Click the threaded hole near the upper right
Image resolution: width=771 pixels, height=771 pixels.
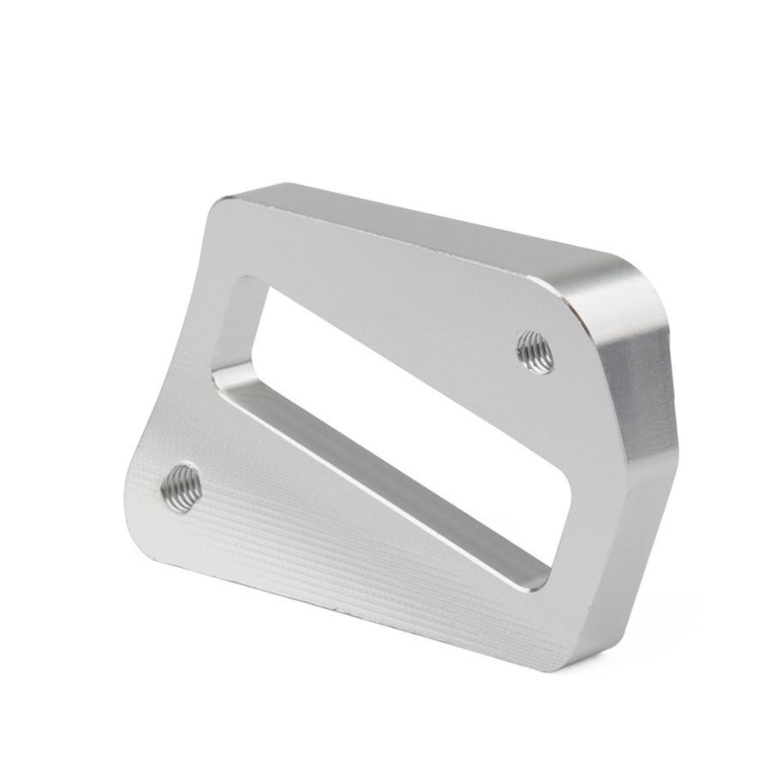click(535, 351)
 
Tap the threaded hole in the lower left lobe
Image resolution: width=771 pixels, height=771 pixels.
click(181, 487)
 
